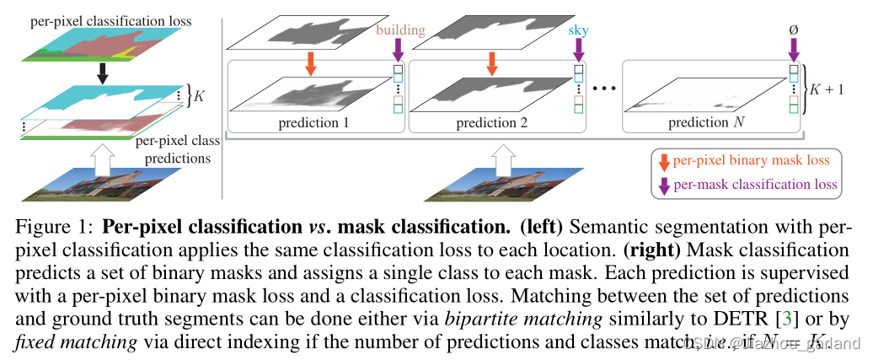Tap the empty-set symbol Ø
[x=793, y=31]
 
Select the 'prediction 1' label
[x=312, y=123]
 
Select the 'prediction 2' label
[x=490, y=123]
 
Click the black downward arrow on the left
[x=103, y=73]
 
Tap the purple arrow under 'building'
[x=399, y=51]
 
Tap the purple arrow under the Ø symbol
[x=793, y=51]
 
